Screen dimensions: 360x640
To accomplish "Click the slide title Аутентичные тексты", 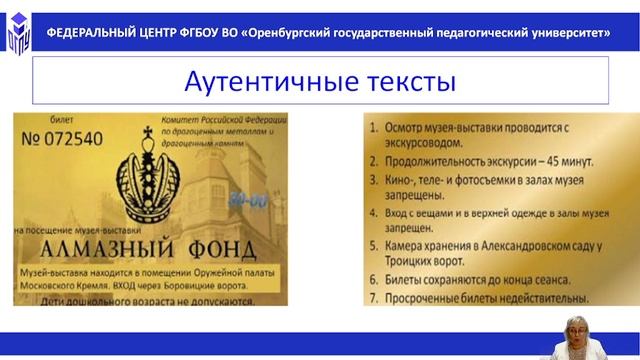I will tap(320, 80).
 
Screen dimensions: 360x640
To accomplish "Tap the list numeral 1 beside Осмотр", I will tap(371, 127).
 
